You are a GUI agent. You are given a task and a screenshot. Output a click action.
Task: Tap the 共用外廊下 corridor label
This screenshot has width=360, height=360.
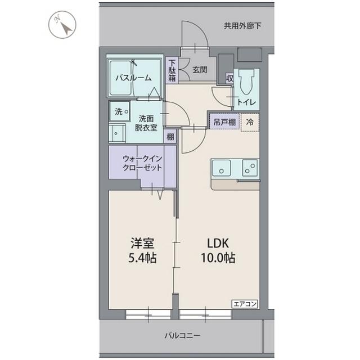coord(242,25)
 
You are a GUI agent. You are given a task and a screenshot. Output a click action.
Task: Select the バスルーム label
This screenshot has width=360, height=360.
coord(133,78)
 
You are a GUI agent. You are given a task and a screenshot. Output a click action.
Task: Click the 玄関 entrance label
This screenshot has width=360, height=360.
coord(199,70)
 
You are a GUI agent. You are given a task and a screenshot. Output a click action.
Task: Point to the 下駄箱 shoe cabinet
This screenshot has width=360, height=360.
coord(172,71)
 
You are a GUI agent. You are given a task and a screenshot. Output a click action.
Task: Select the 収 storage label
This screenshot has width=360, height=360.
coord(229,78)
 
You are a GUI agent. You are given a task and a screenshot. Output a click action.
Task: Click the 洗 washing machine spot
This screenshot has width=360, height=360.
coord(119,112)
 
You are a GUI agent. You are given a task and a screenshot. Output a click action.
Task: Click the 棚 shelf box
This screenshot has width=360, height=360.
coord(169,136)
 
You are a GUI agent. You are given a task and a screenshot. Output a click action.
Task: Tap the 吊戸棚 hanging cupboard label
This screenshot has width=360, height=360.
coord(223,121)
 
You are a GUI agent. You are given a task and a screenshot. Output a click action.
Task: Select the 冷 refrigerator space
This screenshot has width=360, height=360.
coord(249,121)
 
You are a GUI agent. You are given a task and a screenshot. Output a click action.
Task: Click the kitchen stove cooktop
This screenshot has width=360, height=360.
coord(249,167)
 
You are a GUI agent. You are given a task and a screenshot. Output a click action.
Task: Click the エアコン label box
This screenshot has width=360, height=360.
coord(244,304)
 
